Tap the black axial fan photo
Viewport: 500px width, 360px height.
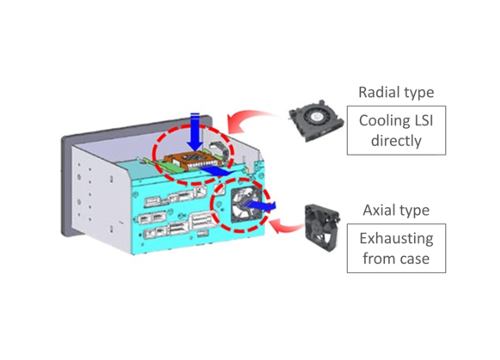[325, 229]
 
